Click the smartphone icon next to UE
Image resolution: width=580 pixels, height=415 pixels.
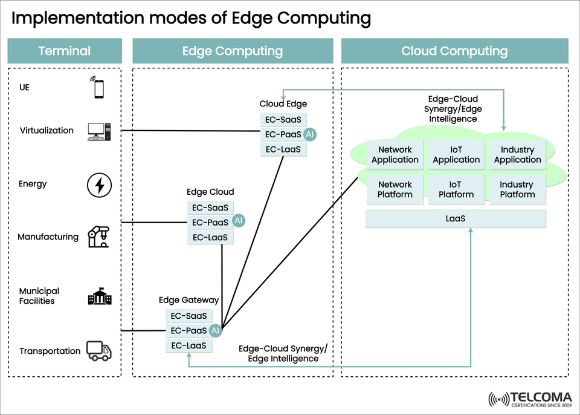[x=98, y=88]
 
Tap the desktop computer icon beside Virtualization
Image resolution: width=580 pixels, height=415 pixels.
[x=99, y=131]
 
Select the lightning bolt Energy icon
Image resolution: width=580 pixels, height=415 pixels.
[x=99, y=185]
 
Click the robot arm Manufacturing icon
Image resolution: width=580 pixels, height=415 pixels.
[x=98, y=237]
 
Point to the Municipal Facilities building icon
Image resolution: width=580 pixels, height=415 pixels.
[x=99, y=296]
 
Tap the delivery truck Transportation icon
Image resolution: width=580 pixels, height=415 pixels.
[x=99, y=350]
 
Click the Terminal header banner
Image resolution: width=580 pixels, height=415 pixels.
[x=64, y=51]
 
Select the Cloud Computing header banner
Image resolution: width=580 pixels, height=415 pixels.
[x=454, y=51]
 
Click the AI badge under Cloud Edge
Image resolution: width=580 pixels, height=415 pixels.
[x=310, y=134]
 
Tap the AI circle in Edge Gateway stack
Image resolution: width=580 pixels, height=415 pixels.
[x=216, y=331]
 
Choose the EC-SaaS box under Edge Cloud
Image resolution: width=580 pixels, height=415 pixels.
[x=210, y=207]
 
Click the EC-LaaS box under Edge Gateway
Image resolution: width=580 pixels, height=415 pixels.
[x=189, y=346]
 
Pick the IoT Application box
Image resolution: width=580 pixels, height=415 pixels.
[x=456, y=155]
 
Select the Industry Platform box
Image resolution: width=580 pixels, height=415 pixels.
[x=517, y=189]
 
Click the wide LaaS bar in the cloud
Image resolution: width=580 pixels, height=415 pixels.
[x=456, y=219]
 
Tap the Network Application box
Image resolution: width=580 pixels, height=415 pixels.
[x=395, y=155]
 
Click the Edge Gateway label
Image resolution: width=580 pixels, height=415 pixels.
[x=188, y=300]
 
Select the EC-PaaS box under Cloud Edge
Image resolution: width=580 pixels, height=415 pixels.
[x=283, y=134]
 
